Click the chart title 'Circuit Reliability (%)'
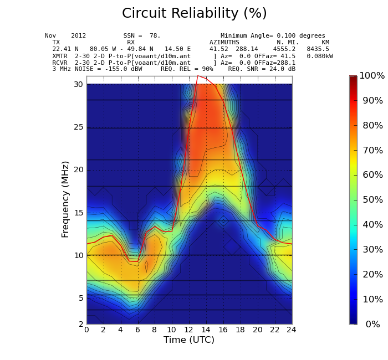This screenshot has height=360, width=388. pos(194,14)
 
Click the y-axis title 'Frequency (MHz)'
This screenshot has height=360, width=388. pos(65,199)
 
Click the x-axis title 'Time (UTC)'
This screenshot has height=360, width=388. pos(188,340)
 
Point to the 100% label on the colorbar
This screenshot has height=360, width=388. pos(371,76)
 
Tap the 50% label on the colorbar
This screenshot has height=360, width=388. pos(372,200)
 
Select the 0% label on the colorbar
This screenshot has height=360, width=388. pos(372,325)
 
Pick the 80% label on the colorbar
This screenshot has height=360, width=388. pos(372,126)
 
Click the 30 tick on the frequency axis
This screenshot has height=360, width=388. pos(78,84)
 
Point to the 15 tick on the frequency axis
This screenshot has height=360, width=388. pos(78,213)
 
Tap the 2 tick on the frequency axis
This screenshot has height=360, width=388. pos(80,324)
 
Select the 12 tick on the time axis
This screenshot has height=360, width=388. pos(189,330)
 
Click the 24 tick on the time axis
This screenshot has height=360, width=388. pos(291,330)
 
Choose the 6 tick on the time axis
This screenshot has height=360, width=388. pos(137,330)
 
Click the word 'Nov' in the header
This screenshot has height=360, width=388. pos(50,36)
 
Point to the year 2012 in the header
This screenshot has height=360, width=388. pos(78,36)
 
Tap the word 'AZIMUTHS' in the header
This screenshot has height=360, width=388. pos(224,43)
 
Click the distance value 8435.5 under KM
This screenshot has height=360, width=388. pos(318,49)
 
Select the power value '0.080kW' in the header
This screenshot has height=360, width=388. pos(320,56)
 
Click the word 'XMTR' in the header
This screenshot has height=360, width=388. pos(60,56)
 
